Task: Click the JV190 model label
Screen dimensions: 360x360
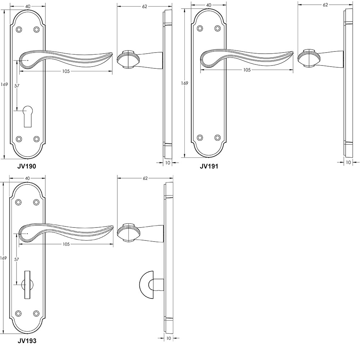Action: tap(27, 166)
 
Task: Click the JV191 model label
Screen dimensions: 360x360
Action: tap(209, 166)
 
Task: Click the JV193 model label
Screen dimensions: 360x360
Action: tap(27, 340)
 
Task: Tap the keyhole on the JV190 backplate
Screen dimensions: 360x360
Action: tap(27, 115)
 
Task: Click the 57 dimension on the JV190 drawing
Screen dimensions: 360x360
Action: tap(17, 86)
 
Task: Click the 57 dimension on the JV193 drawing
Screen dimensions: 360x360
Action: tap(17, 259)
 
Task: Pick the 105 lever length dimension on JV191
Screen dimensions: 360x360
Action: tap(247, 70)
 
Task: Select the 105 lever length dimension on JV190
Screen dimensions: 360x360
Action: tap(66, 71)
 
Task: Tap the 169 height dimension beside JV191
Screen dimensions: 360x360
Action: tap(184, 83)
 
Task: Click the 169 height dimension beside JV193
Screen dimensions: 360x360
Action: tap(4, 258)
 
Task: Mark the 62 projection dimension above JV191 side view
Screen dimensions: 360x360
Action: tap(325, 5)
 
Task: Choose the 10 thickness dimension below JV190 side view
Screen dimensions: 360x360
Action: tap(168, 163)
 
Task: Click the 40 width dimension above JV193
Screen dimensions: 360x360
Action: tap(27, 178)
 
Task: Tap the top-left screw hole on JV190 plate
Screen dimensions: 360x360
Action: tap(19, 30)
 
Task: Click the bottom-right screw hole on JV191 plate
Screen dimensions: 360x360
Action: tap(217, 138)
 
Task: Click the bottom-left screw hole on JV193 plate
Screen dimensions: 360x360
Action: tap(19, 313)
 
